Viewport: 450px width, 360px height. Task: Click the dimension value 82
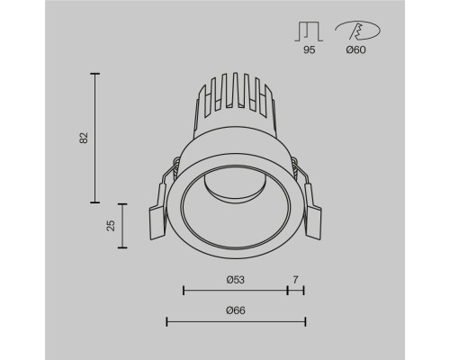click(x=84, y=138)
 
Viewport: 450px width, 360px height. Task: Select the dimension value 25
click(x=111, y=225)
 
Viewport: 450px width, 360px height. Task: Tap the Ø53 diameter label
click(x=235, y=280)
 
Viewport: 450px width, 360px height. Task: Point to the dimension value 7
click(x=296, y=280)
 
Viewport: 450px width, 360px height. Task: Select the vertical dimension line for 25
click(x=123, y=225)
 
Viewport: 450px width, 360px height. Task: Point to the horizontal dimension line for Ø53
click(x=235, y=291)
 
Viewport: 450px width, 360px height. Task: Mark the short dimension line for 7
click(x=296, y=291)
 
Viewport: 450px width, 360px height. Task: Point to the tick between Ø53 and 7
click(x=288, y=291)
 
